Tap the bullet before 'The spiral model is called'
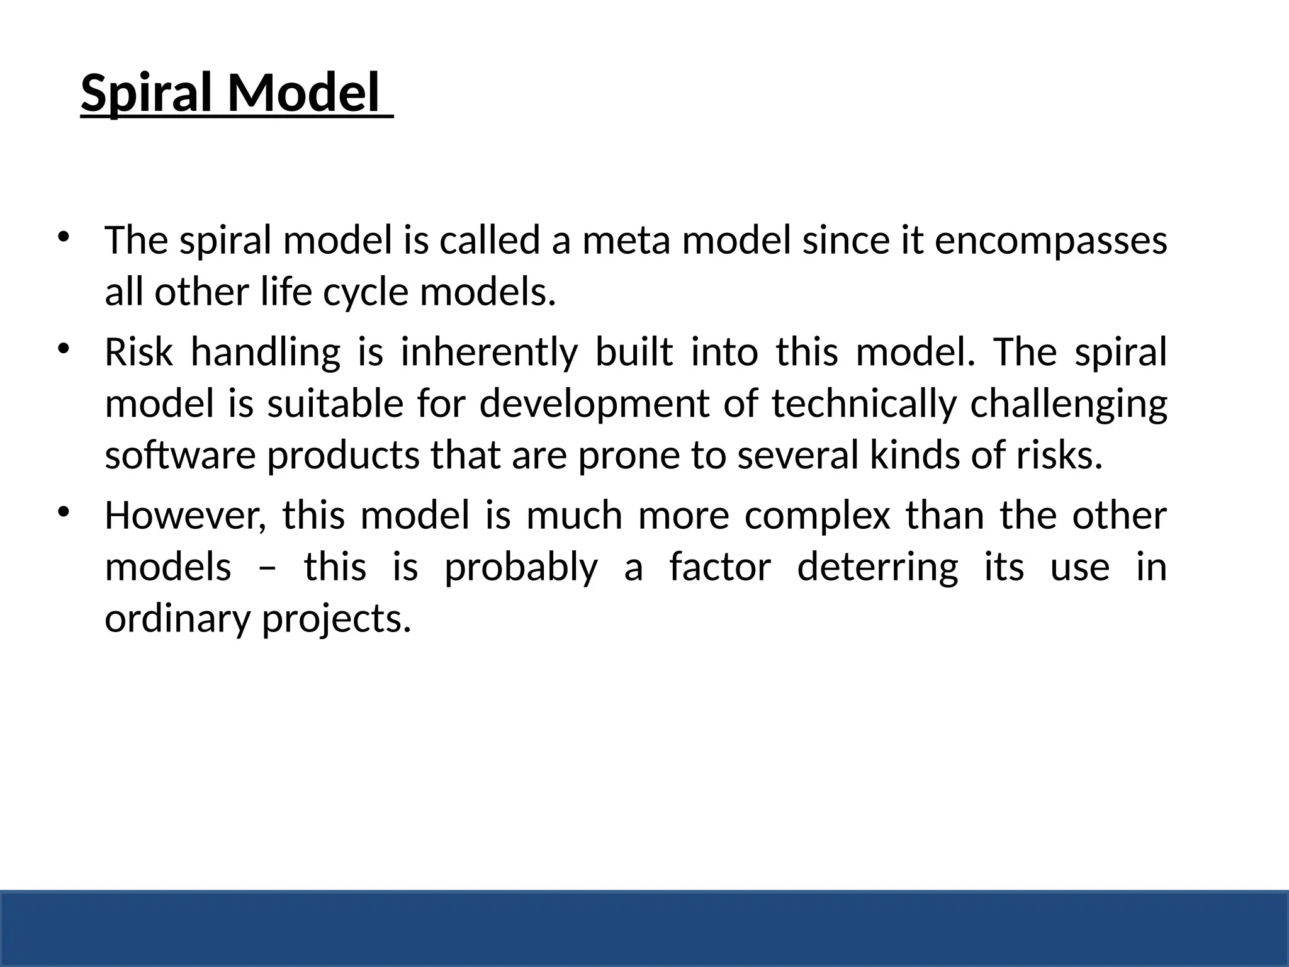(63, 237)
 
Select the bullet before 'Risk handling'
(63, 348)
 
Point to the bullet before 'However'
(63, 512)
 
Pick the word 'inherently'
(488, 353)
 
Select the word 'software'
(180, 456)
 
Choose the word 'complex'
(817, 517)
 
